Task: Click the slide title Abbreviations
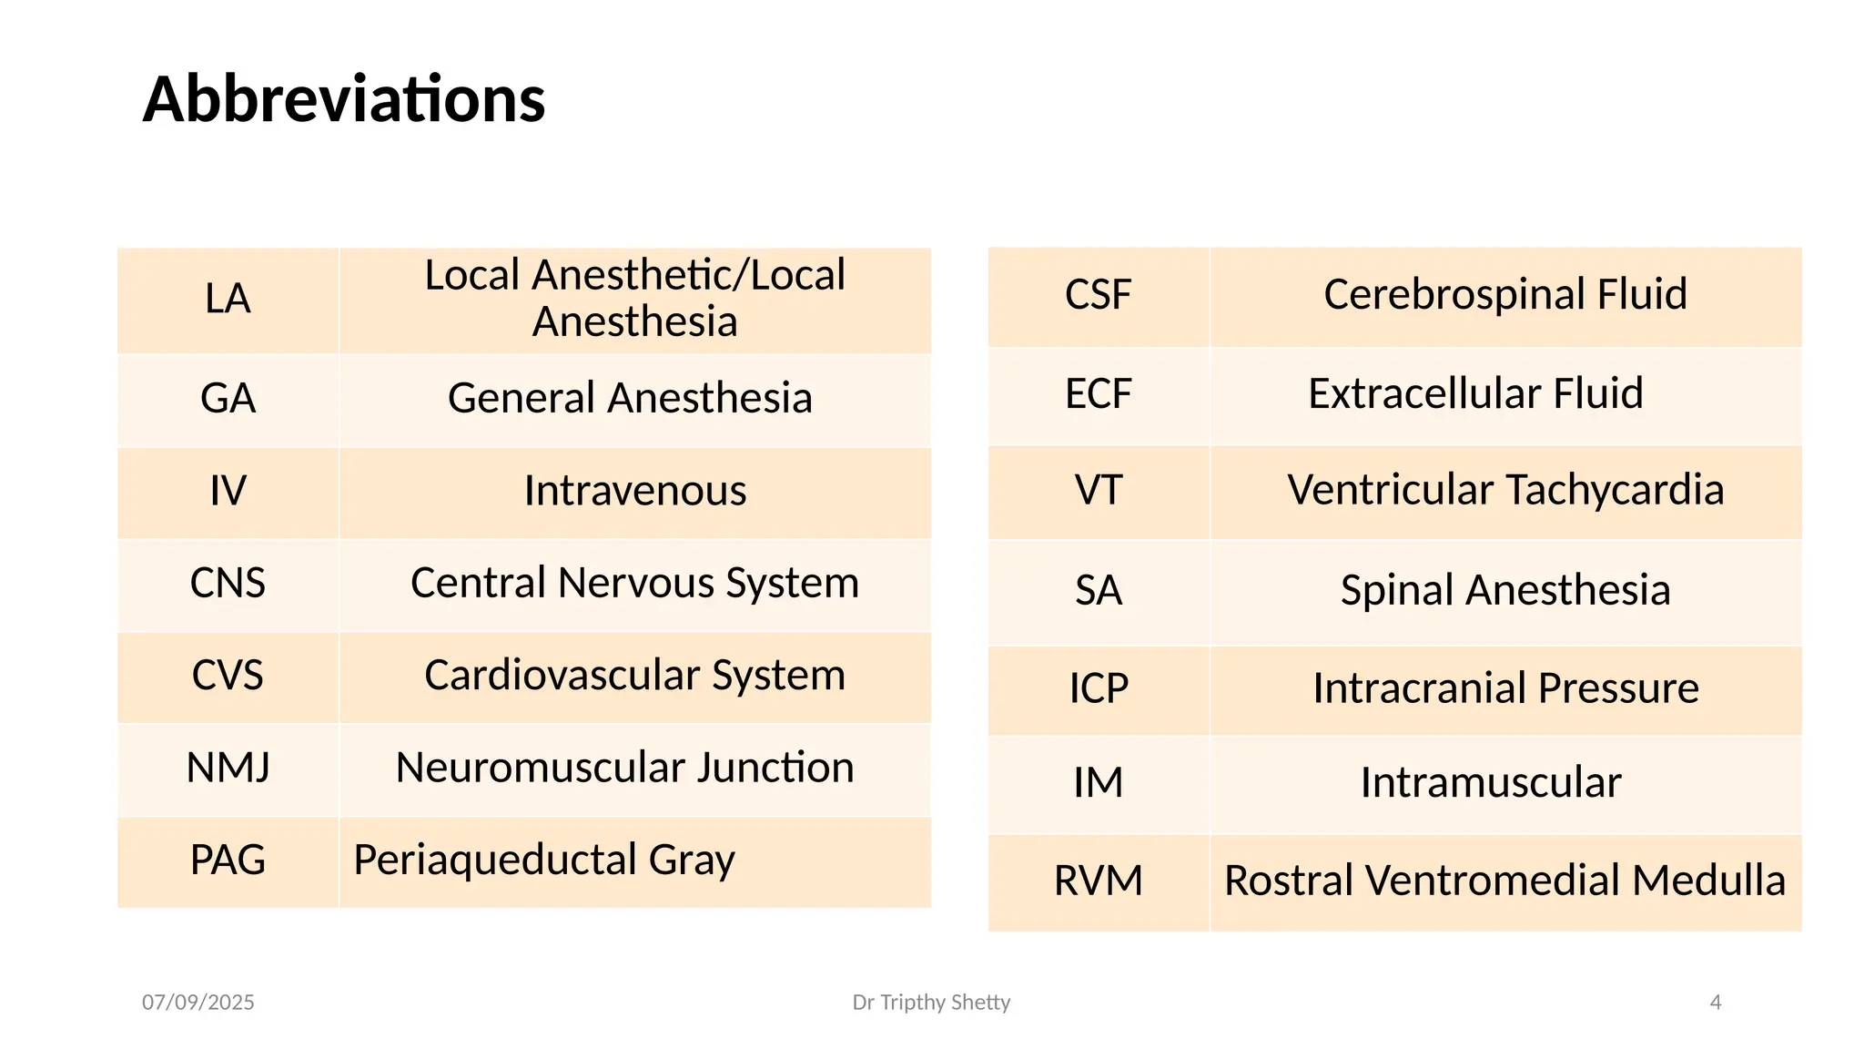pos(344,99)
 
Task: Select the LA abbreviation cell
pos(228,300)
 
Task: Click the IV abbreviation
pos(228,492)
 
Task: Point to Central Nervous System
pos(634,584)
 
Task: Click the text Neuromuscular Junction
pos(624,769)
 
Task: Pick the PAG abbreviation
pos(228,861)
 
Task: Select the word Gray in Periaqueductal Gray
pos(692,861)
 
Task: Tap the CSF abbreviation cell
pos(1098,295)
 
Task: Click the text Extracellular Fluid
pos(1475,394)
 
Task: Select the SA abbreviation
pos(1098,591)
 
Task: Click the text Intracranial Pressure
pos(1505,688)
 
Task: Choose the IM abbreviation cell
pos(1098,783)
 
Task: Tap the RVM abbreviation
pos(1098,881)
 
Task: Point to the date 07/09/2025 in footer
pos(198,1003)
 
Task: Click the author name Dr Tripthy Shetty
pos(931,1003)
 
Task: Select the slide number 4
pos(1716,1003)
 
